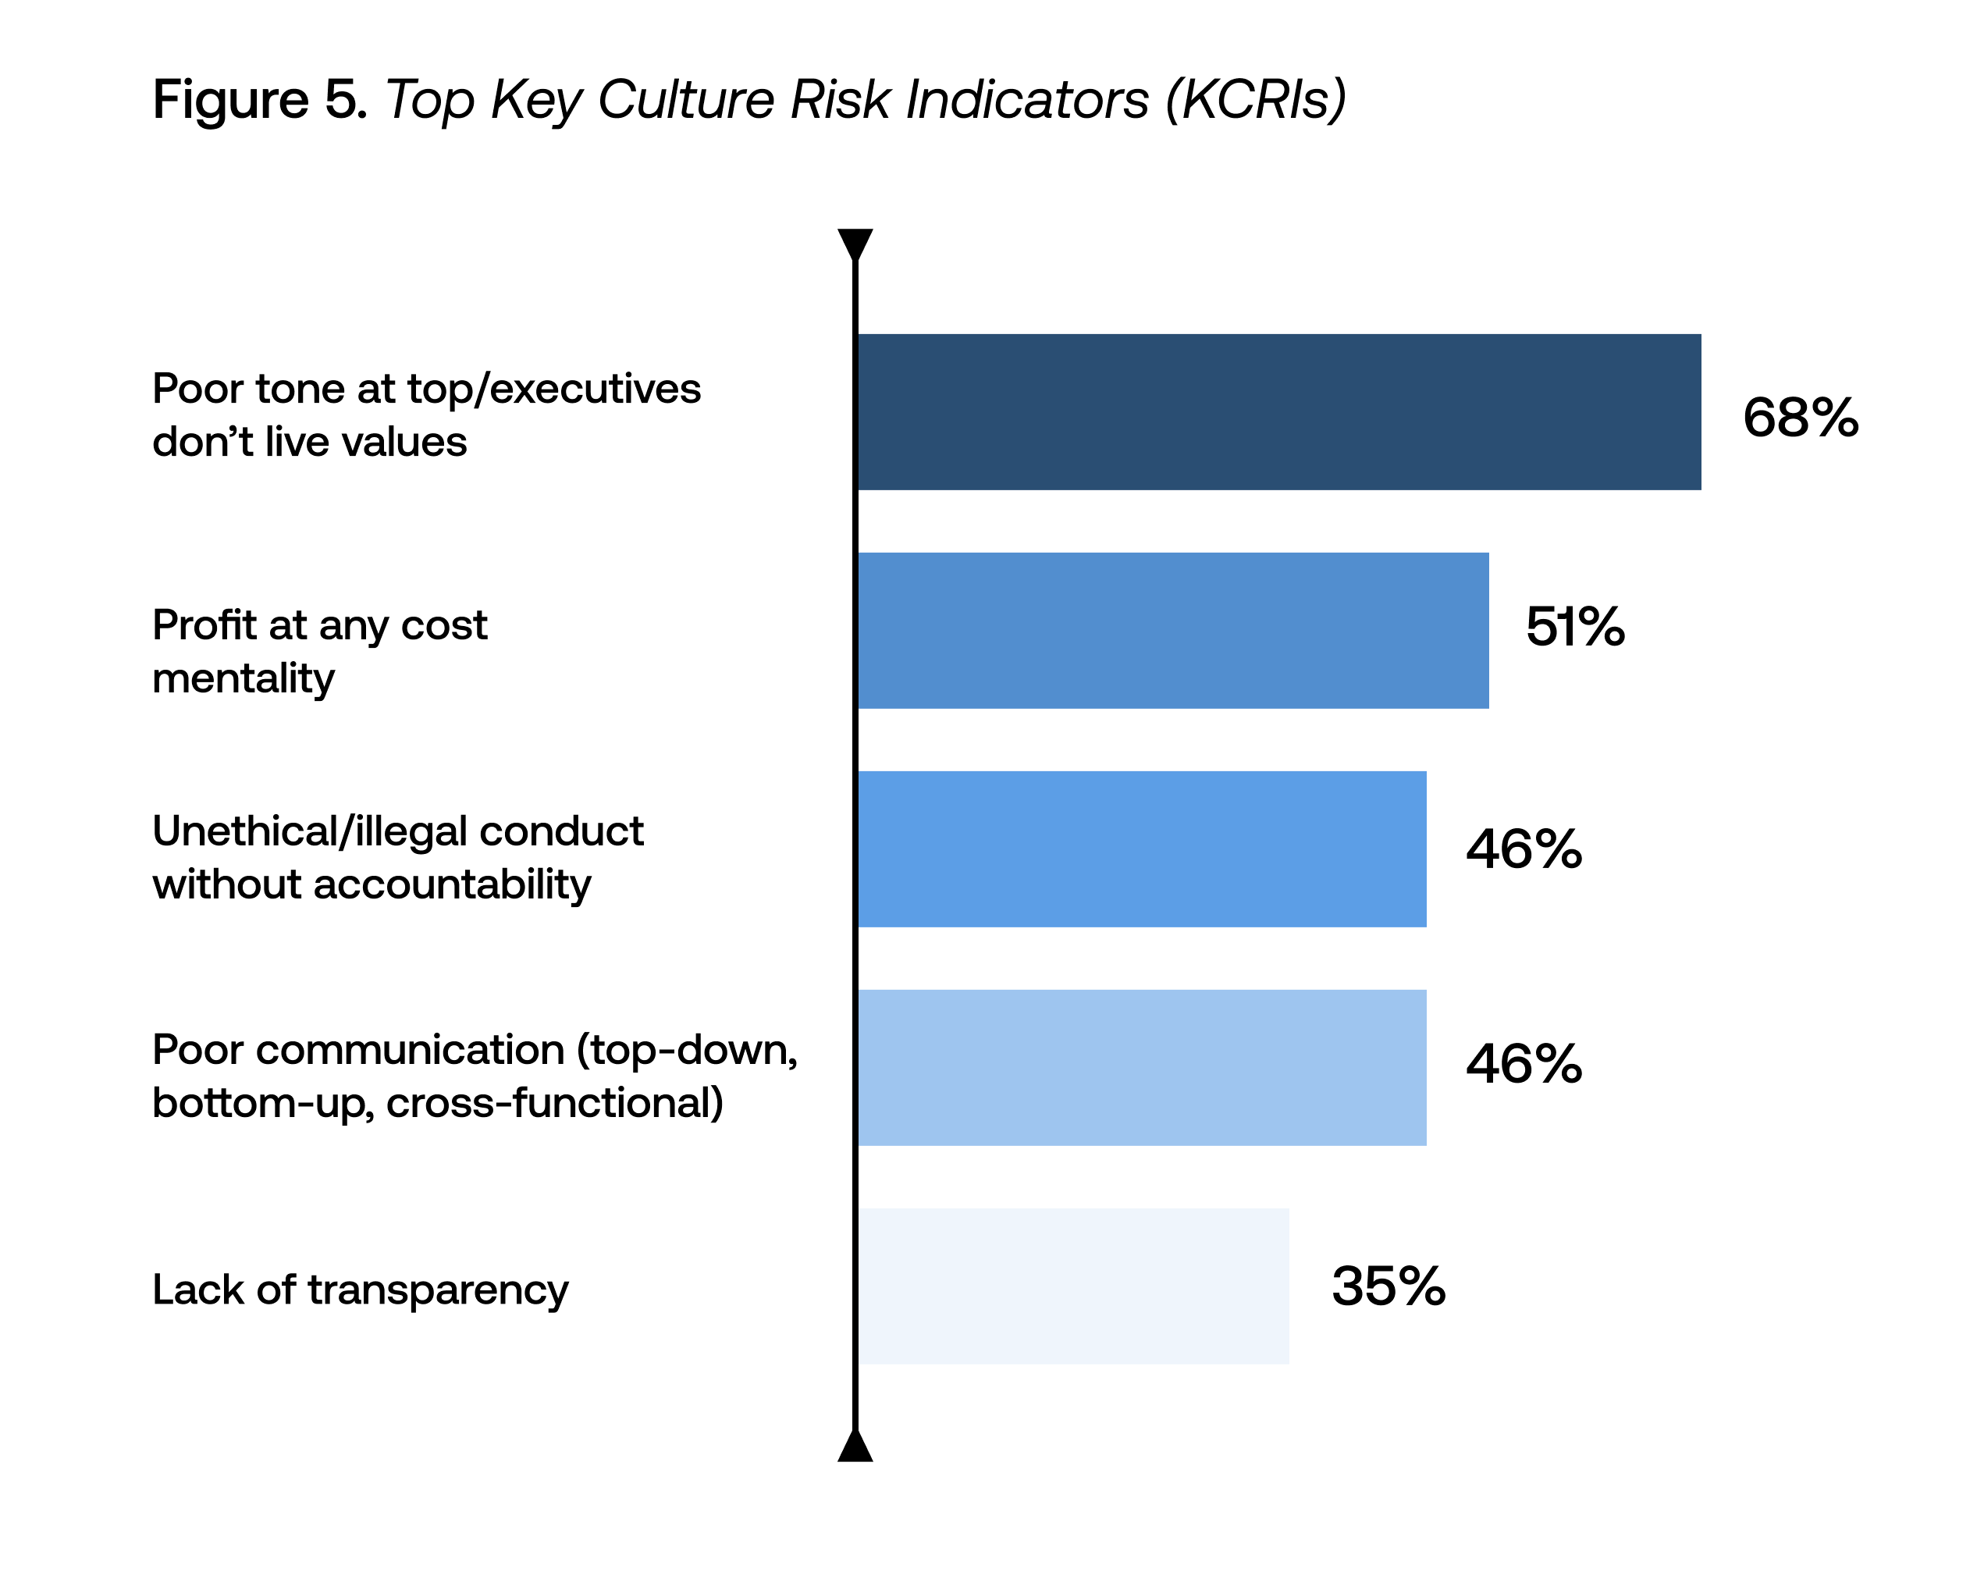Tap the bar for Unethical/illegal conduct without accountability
[x=1142, y=849]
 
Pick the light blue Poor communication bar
[x=1142, y=1067]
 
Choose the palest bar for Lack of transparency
[x=1073, y=1286]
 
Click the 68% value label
[x=1800, y=418]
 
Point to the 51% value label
[x=1574, y=628]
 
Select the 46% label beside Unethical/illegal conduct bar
[x=1523, y=849]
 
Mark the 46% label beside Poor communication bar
[x=1523, y=1065]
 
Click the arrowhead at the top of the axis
[x=855, y=243]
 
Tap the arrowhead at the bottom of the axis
[x=855, y=1446]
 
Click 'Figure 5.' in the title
[x=259, y=99]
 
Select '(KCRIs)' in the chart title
[x=1255, y=99]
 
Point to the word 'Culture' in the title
[x=686, y=99]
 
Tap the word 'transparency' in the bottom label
[x=437, y=1290]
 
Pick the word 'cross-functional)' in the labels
[x=554, y=1103]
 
